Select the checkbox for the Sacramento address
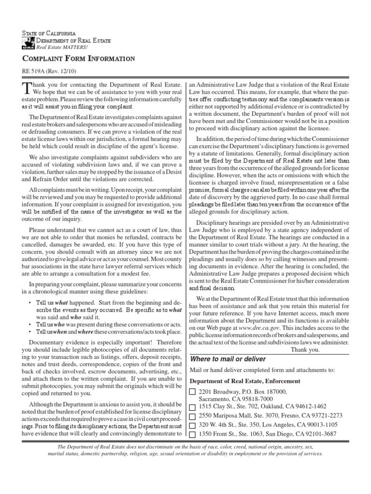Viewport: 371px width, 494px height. click(x=193, y=391)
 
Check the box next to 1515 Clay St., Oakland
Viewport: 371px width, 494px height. click(x=193, y=407)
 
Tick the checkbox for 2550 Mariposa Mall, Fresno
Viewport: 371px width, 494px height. click(x=193, y=416)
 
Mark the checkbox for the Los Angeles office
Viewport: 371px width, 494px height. click(x=193, y=425)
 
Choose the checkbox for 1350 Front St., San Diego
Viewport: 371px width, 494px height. click(x=193, y=434)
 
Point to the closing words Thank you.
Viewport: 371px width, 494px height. click(x=305, y=349)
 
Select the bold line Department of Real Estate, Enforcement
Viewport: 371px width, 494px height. click(x=244, y=381)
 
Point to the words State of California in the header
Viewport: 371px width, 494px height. click(x=49, y=33)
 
